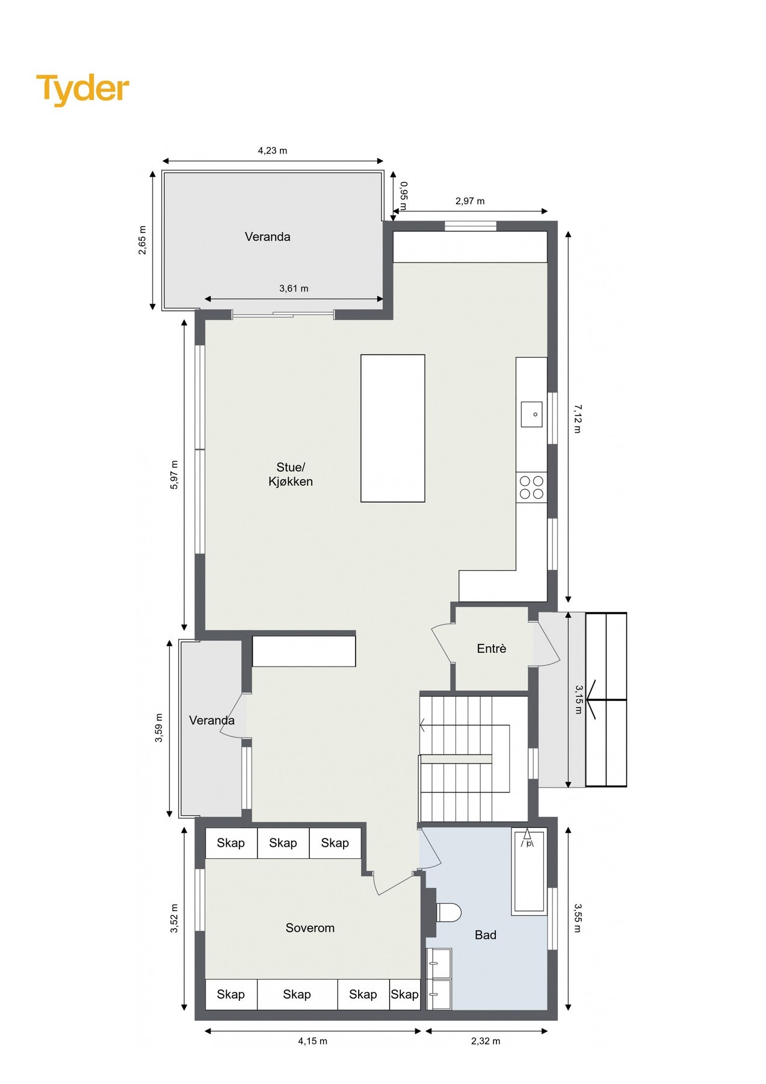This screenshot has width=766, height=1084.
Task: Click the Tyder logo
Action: [x=82, y=89]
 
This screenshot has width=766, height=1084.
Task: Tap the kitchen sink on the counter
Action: [x=531, y=414]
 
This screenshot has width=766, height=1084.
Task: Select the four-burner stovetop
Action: [x=531, y=487]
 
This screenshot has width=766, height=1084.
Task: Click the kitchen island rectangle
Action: [x=392, y=428]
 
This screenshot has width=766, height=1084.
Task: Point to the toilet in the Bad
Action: [x=448, y=912]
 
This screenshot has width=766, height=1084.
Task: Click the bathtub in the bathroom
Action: [x=529, y=871]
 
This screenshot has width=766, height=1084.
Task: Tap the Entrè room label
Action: [x=491, y=649]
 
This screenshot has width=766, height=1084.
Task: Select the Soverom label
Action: [x=310, y=928]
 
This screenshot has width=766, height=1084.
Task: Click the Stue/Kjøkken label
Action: [x=291, y=475]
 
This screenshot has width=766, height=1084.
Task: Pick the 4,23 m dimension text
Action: [x=273, y=151]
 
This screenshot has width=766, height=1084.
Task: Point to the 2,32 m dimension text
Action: [x=486, y=1041]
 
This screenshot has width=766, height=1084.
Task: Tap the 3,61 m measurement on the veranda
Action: [x=294, y=288]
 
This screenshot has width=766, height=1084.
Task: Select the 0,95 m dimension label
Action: [x=404, y=196]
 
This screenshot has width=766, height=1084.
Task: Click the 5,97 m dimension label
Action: [x=175, y=475]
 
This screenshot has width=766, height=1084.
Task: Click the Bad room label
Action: [x=486, y=935]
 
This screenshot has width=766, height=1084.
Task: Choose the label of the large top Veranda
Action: [x=267, y=237]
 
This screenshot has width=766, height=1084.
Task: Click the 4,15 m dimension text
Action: [x=312, y=1041]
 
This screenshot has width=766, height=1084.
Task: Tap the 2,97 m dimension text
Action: [x=470, y=201]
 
